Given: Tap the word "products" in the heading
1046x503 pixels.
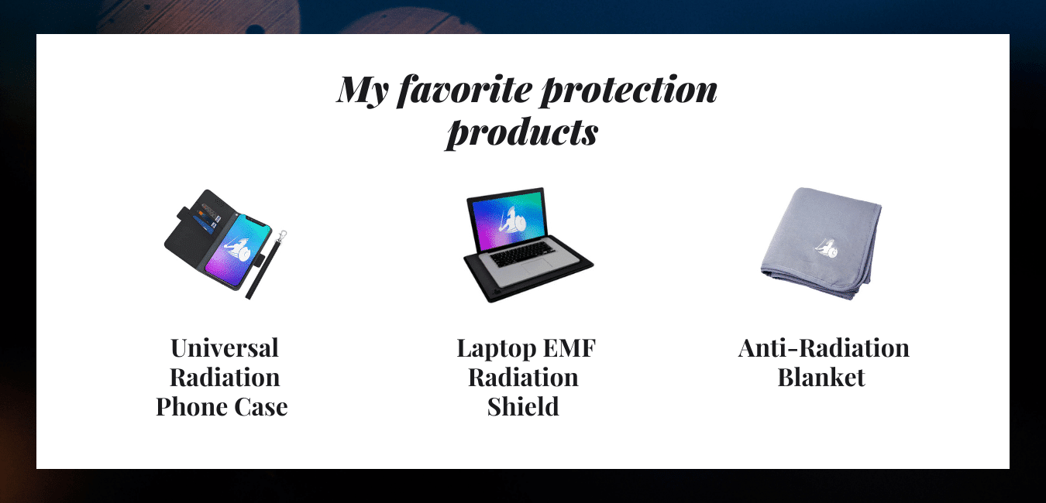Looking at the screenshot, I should [x=522, y=132].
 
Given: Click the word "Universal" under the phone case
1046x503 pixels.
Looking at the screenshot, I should [x=225, y=348].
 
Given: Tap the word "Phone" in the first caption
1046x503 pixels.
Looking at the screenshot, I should [x=190, y=407].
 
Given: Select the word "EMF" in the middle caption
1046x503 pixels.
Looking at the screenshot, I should [x=569, y=348].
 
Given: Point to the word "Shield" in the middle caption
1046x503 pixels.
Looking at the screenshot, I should [x=523, y=407].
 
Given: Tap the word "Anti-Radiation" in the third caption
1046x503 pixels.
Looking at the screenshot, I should [x=824, y=348].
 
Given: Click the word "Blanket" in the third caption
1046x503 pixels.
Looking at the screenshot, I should [x=821, y=378].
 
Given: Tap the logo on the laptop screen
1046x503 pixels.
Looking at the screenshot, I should [x=512, y=224].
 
